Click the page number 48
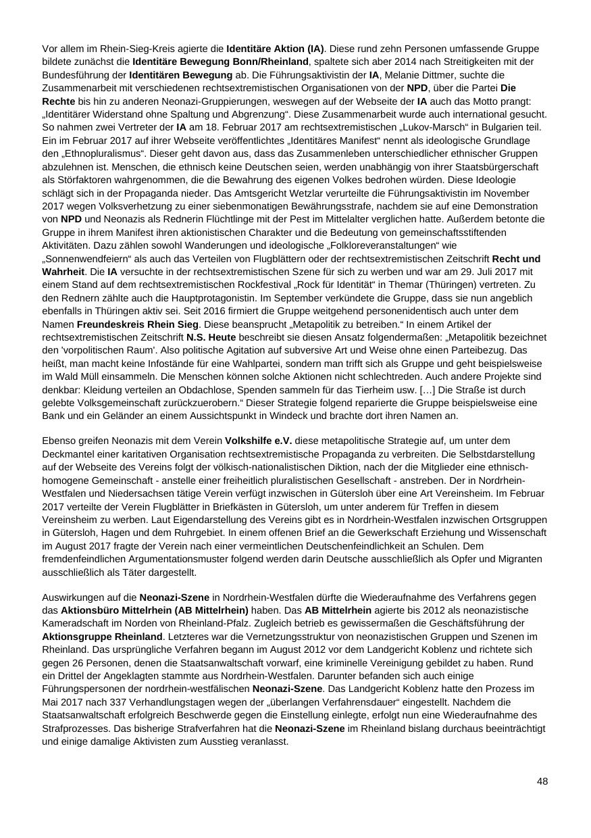coord(542,781)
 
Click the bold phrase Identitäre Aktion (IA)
coord(275,49)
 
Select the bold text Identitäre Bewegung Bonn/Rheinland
coord(220,61)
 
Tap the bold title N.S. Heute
coord(211,337)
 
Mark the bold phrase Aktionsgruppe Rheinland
coord(102,637)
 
